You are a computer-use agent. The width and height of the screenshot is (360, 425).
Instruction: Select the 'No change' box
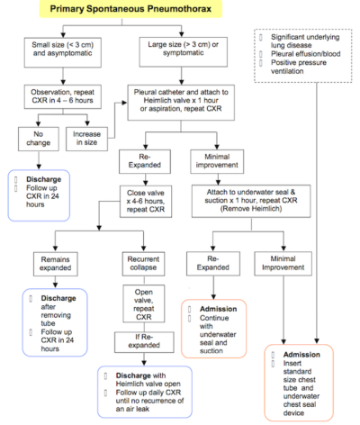click(x=36, y=137)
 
